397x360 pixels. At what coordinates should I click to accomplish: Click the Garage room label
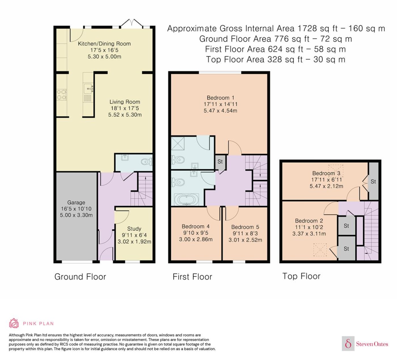[76, 202]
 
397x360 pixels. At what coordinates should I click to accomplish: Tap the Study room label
[134, 229]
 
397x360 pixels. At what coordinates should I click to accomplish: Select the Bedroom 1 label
[220, 98]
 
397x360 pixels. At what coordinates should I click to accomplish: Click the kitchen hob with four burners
[62, 95]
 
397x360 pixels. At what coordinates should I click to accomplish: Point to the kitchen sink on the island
[88, 88]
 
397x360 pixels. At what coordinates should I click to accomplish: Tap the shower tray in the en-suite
[178, 143]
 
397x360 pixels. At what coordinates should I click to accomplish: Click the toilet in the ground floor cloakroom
[147, 162]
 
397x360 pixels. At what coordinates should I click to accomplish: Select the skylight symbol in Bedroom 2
[320, 250]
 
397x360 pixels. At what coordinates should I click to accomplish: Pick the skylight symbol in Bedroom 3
[336, 171]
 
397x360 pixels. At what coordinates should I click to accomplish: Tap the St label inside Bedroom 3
[373, 181]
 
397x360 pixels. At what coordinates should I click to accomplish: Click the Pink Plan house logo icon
[14, 323]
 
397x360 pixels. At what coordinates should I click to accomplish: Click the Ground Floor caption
[80, 277]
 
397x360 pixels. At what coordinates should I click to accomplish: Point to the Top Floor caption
[301, 276]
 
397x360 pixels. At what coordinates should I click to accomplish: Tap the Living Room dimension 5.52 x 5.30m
[125, 115]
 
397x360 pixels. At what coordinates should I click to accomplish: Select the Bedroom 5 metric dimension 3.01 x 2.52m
[245, 240]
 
